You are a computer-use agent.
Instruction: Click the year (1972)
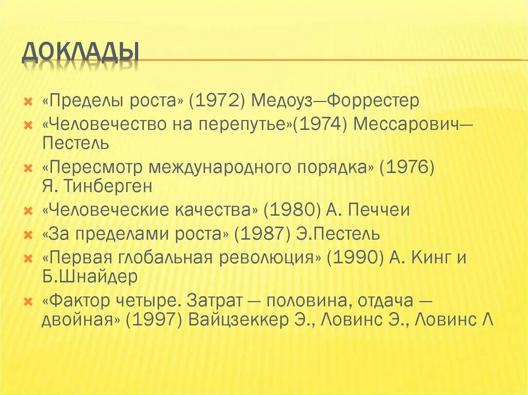(x=218, y=100)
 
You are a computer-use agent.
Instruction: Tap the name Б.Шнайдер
(x=90, y=277)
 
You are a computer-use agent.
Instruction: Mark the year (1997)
(x=156, y=320)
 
